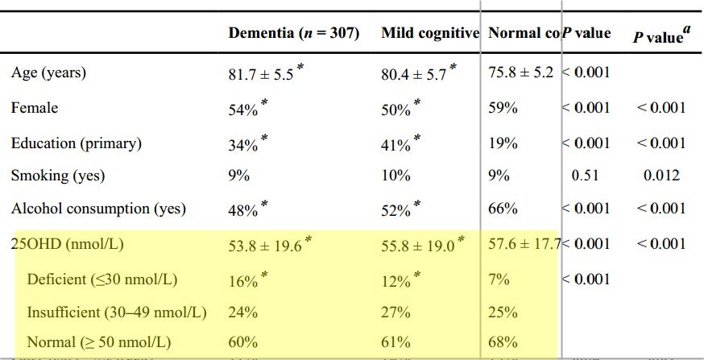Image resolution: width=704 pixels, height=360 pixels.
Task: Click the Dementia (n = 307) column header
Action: (x=294, y=34)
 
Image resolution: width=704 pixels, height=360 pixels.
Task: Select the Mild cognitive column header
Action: (x=430, y=34)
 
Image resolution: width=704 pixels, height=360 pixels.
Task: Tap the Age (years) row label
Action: (x=48, y=72)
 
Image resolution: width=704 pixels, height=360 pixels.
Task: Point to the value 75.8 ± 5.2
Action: (x=520, y=72)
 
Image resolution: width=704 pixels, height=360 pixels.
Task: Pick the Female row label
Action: (x=34, y=107)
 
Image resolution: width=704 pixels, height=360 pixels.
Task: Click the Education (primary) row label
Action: (x=77, y=143)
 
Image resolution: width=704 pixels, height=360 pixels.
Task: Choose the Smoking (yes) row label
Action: (x=58, y=175)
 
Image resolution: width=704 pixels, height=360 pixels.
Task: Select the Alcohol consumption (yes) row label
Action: (x=98, y=209)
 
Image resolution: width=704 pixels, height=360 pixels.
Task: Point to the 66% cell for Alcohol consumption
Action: (x=503, y=209)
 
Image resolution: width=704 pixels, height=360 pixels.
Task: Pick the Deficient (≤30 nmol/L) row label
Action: (x=102, y=279)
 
